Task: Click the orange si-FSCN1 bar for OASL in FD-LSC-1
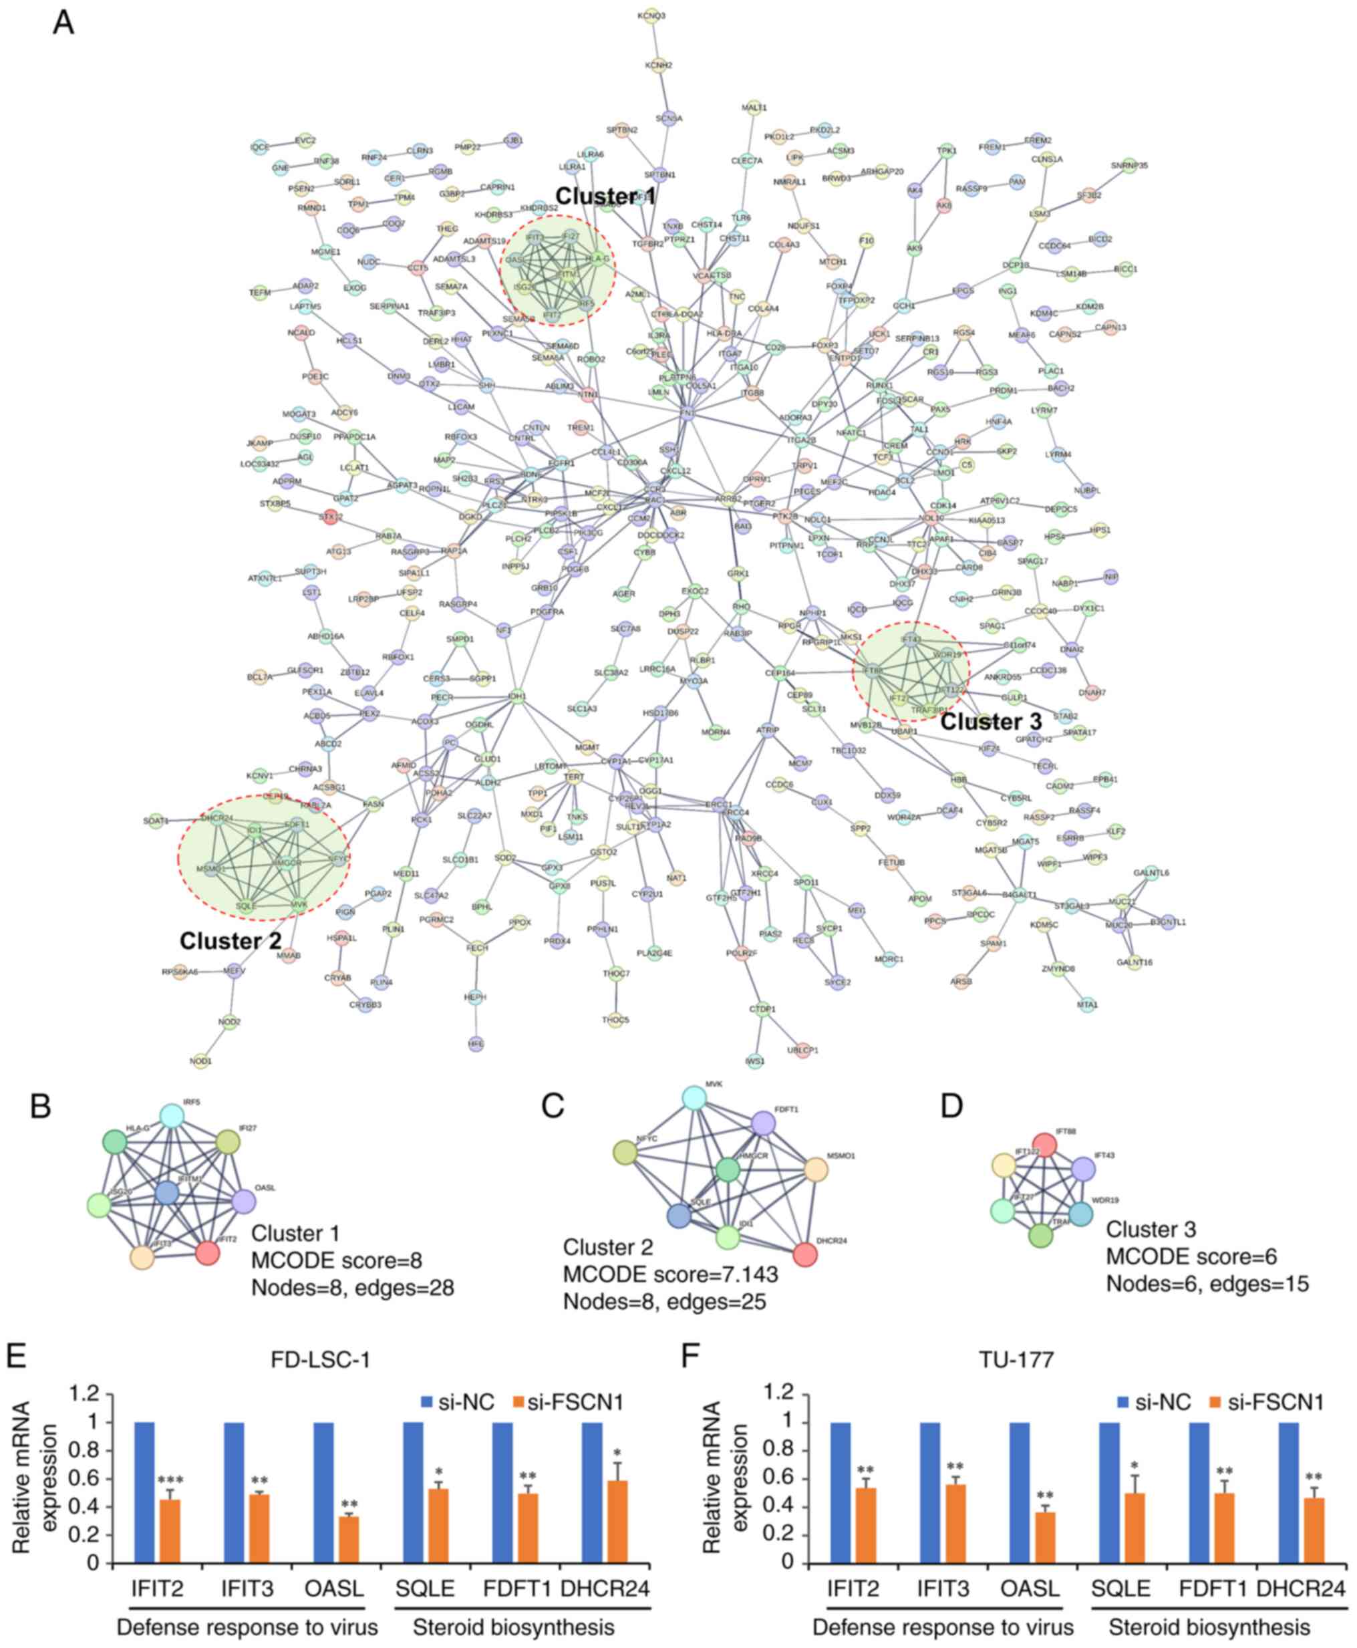point(349,1538)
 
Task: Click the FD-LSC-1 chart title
point(321,1359)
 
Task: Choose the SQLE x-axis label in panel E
point(424,1588)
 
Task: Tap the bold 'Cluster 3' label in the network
point(990,722)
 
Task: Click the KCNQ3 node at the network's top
point(651,15)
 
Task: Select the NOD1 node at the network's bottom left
point(201,1060)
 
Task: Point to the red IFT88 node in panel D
point(1044,1145)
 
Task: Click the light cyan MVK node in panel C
point(694,1097)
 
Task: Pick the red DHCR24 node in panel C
point(805,1254)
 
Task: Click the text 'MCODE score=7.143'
point(670,1274)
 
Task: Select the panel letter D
point(951,1106)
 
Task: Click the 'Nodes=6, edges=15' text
point(1207,1284)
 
